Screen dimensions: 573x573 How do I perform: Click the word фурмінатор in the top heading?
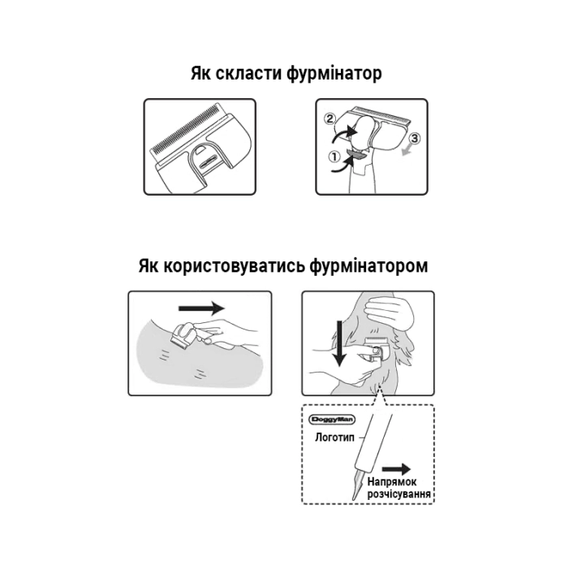click(334, 74)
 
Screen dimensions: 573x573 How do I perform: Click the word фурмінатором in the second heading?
click(368, 265)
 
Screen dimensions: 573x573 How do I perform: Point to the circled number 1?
click(334, 157)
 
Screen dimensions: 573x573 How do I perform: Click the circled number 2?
click(330, 118)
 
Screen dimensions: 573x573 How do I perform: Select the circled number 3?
click(414, 138)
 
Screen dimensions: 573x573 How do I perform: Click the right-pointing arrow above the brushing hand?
click(201, 308)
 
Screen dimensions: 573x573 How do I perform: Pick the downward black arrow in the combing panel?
click(339, 343)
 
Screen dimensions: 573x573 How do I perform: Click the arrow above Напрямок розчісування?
click(396, 469)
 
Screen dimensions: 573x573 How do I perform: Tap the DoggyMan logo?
click(332, 419)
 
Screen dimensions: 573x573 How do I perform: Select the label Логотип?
click(334, 437)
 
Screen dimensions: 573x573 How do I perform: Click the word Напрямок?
click(392, 482)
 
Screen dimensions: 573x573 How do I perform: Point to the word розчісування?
click(399, 494)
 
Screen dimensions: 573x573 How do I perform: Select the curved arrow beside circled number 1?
click(343, 166)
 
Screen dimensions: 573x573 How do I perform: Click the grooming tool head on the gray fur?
click(180, 336)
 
